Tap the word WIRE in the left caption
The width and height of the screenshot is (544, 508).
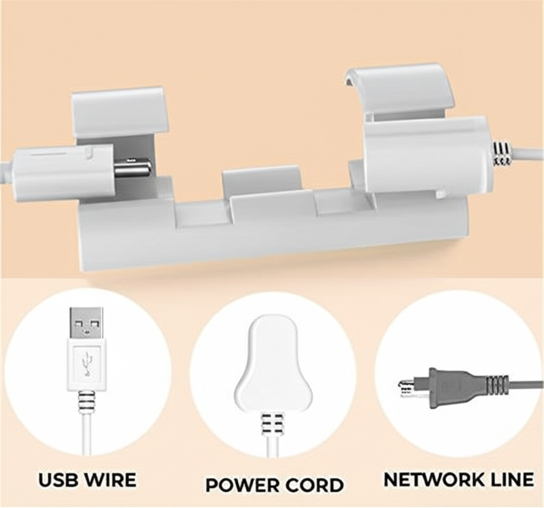109,480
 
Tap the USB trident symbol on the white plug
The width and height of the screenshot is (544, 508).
87,364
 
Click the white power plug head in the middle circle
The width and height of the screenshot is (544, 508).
268,361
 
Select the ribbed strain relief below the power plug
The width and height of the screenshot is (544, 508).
271,424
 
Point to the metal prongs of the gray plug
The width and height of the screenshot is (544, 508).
408,389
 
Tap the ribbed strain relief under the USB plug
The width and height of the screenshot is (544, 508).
86,402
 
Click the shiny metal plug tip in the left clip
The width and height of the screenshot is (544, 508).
132,168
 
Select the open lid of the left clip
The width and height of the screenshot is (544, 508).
120,111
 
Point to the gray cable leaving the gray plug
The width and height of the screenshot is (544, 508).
526,384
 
